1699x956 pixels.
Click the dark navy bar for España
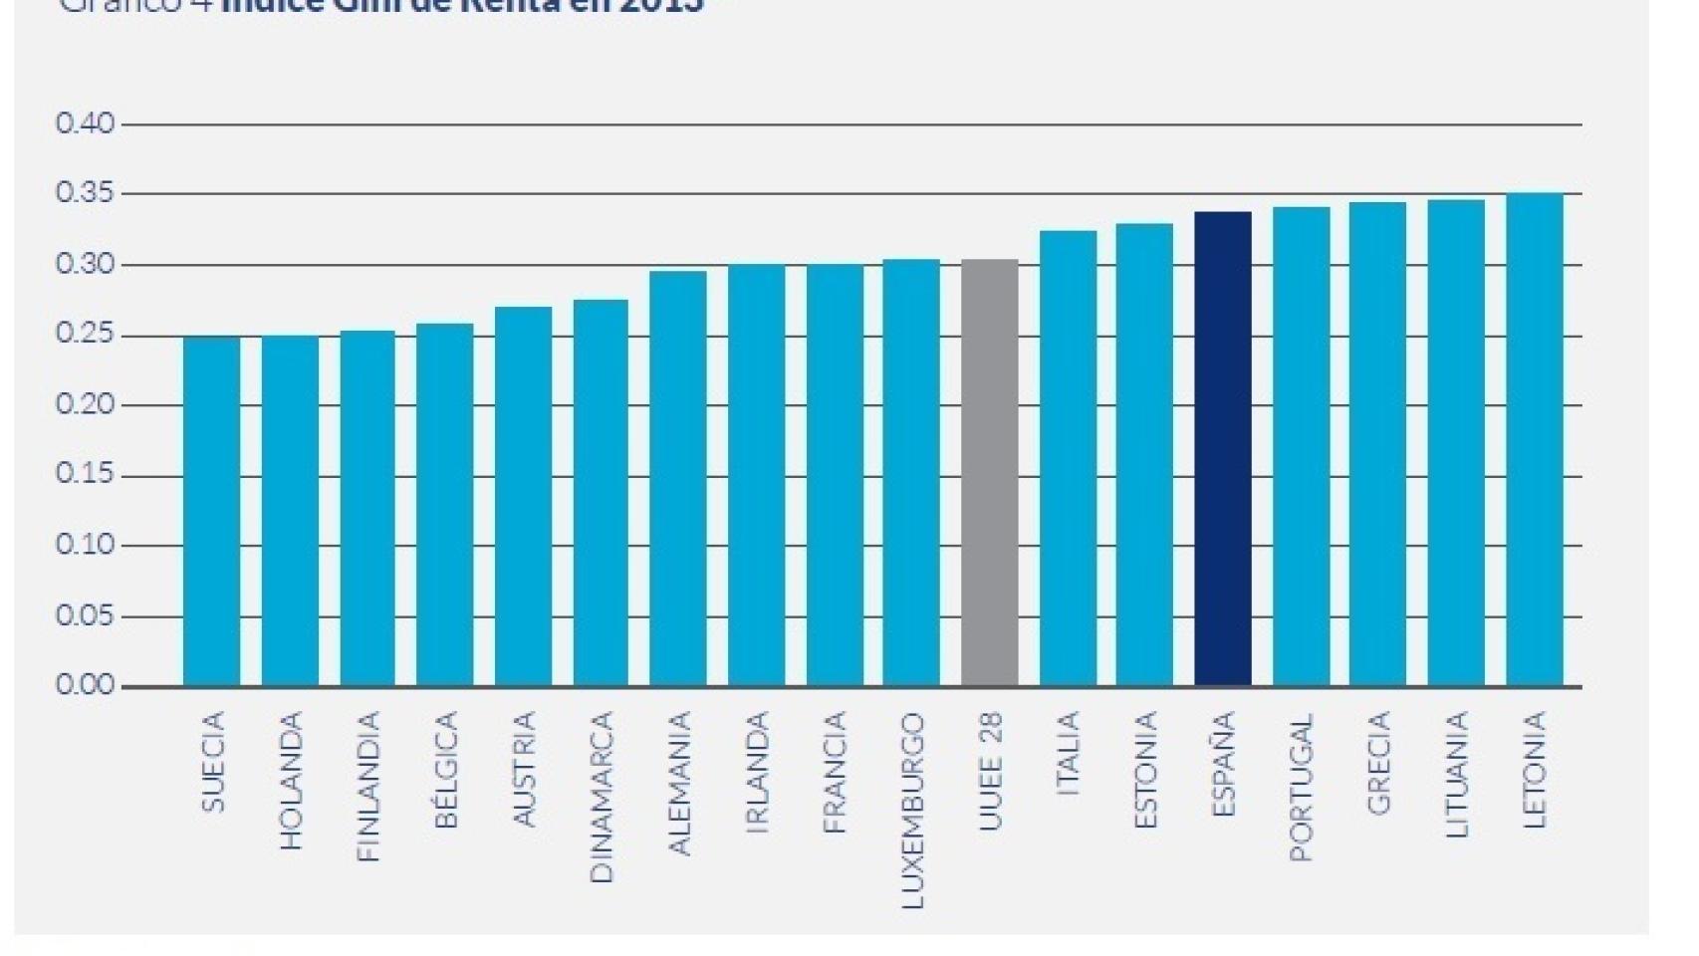[1223, 449]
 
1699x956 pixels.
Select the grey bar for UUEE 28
[990, 473]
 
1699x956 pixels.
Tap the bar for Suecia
[211, 512]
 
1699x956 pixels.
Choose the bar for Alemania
[678, 479]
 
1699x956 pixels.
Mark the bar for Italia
[1069, 459]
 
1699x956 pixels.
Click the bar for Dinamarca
[601, 493]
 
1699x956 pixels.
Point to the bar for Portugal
[1302, 447]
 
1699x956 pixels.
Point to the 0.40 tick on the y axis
[86, 124]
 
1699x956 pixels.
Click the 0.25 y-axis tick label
[86, 336]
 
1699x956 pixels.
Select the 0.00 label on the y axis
[86, 686]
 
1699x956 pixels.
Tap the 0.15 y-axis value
[86, 476]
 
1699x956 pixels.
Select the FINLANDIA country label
[368, 787]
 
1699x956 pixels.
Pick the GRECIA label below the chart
[1379, 764]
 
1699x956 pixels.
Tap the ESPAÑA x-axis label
[1224, 765]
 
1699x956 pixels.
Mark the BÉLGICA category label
[446, 770]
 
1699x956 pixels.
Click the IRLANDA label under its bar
[758, 772]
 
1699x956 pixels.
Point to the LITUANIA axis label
[1457, 775]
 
